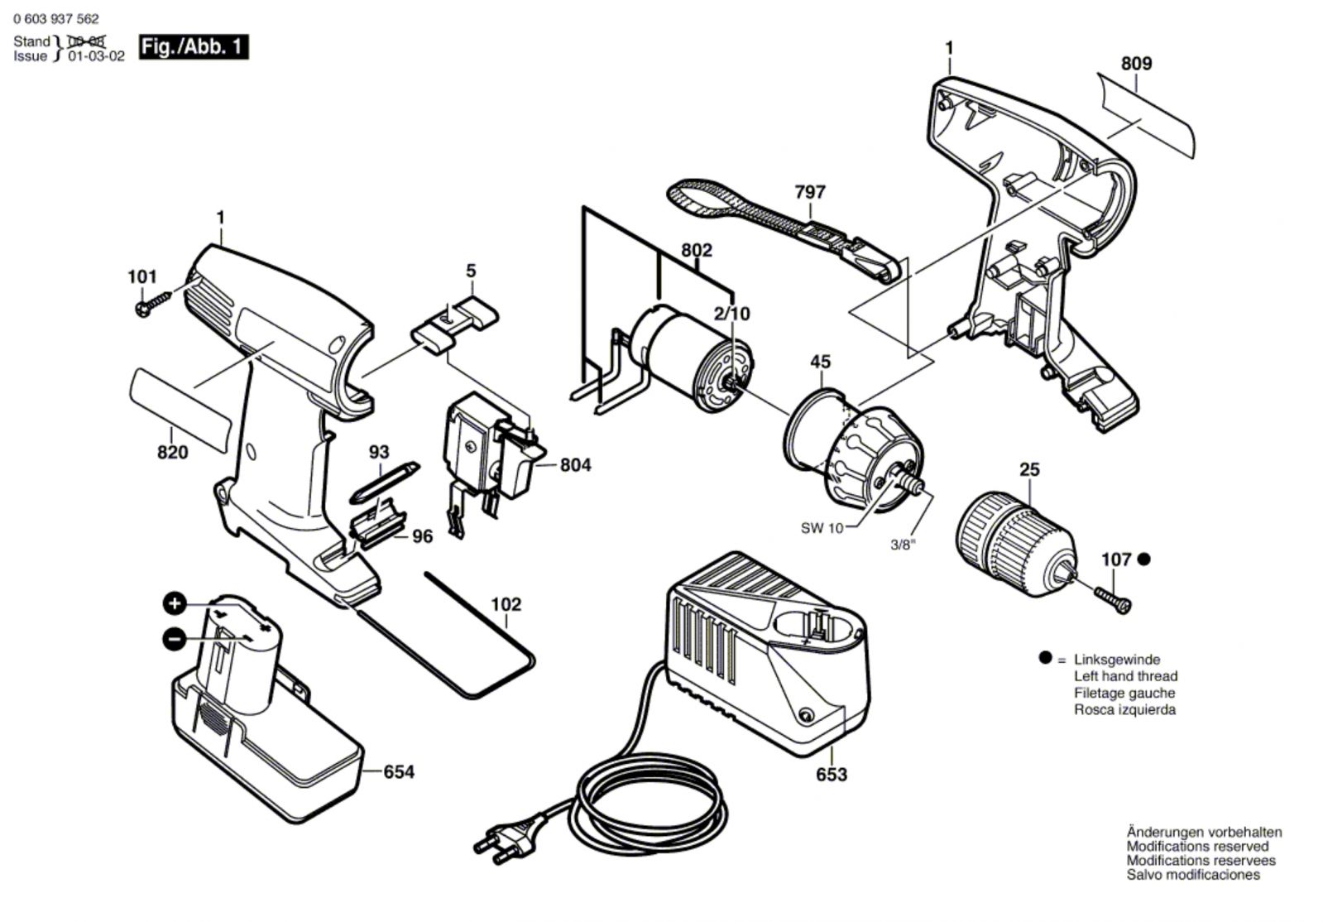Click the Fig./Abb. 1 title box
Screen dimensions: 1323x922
coord(194,46)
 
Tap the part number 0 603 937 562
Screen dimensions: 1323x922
coord(56,19)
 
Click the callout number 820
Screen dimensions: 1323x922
coord(172,453)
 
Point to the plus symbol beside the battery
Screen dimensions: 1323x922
coord(175,603)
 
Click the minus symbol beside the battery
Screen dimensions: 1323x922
coord(175,639)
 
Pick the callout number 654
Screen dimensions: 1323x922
coord(399,772)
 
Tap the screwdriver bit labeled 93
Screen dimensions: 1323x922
coord(385,483)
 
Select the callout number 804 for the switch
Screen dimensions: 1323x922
coord(575,465)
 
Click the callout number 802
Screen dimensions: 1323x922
coord(697,251)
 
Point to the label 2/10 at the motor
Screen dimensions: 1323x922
coord(731,313)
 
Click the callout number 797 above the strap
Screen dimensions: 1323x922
coord(810,192)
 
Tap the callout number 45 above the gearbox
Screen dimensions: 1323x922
coord(821,362)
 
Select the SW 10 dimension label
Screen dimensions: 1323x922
coord(822,528)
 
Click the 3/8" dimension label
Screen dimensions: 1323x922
coord(904,545)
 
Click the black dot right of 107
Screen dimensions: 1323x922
coord(1144,559)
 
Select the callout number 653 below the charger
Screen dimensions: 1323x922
coord(832,775)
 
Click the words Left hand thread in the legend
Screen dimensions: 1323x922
coord(1126,676)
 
